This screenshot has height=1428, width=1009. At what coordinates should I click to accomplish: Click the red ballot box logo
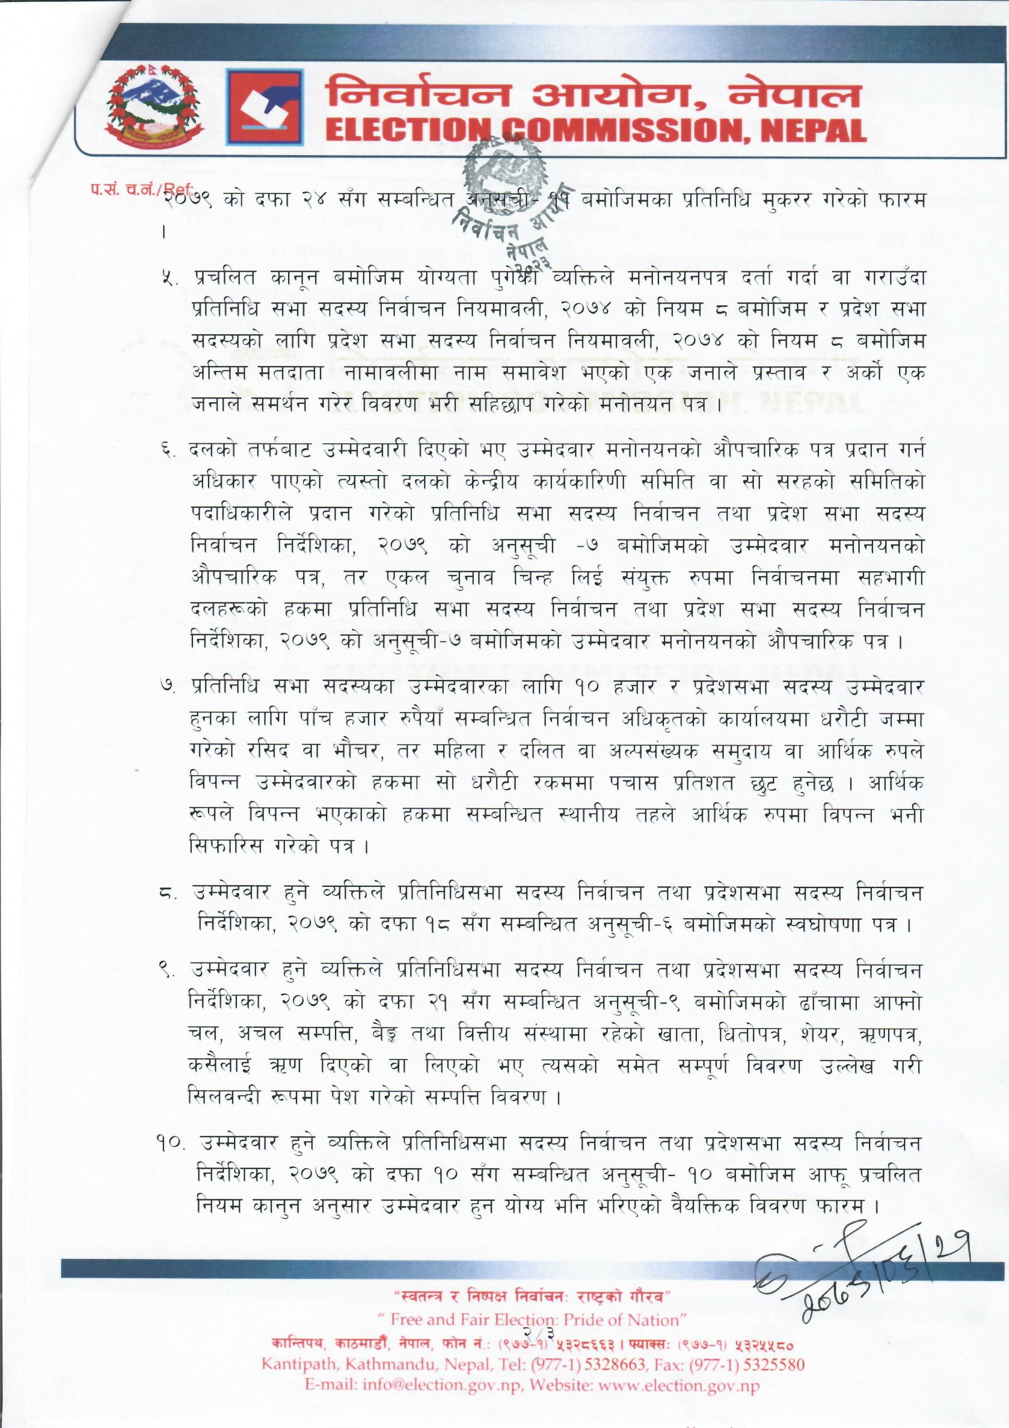[x=264, y=107]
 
